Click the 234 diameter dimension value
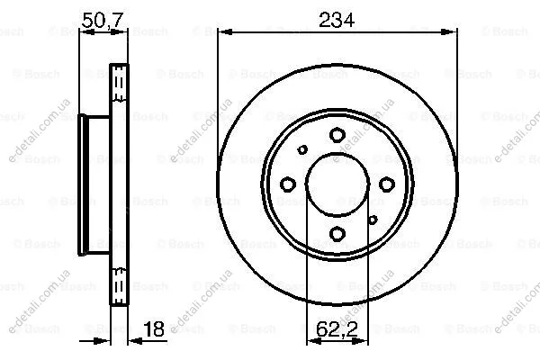[337, 20]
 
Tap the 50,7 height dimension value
[103, 20]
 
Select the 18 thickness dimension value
[154, 329]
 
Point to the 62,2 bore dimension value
[337, 329]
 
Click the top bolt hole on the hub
[337, 135]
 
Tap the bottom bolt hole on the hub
[337, 234]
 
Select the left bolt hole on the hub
[288, 184]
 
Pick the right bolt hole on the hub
[387, 184]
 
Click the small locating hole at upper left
[302, 149]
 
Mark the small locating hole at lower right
[373, 220]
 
